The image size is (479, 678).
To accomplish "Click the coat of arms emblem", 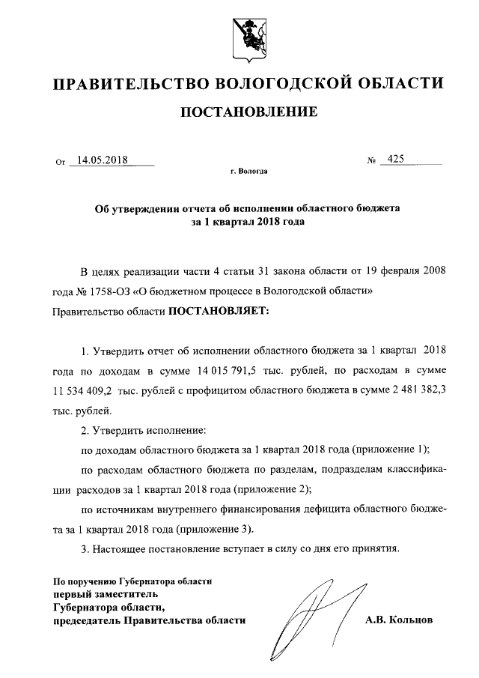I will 239,35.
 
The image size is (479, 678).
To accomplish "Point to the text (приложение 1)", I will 391,450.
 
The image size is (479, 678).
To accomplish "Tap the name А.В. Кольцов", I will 399,620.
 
